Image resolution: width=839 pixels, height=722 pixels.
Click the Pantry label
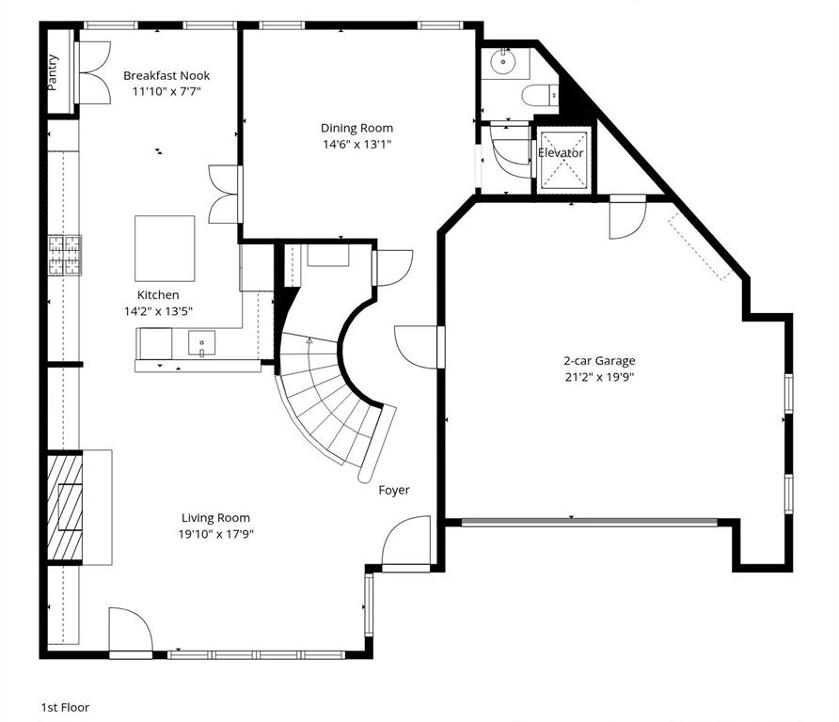[x=53, y=72]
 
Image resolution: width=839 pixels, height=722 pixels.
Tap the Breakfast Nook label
[x=166, y=76]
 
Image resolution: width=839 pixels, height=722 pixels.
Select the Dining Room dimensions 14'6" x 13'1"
[x=356, y=144]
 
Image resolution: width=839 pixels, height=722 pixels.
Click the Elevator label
[x=561, y=152]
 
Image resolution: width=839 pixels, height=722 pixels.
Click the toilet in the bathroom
[x=539, y=95]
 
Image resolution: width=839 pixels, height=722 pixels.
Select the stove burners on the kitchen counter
[x=65, y=255]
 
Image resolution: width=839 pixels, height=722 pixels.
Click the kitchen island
[x=166, y=247]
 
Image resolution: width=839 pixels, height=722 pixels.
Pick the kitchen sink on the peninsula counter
[x=201, y=340]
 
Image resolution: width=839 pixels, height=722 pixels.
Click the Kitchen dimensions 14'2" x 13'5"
[x=157, y=310]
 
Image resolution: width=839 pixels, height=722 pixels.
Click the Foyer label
[x=394, y=490]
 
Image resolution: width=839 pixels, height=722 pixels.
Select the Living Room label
[x=215, y=517]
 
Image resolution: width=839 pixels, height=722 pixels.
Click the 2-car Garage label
[x=599, y=360]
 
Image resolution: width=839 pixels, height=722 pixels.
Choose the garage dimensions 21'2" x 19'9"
[x=599, y=376]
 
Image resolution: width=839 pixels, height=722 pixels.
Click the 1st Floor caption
[x=65, y=707]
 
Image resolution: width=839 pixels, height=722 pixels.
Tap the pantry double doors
[x=92, y=71]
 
